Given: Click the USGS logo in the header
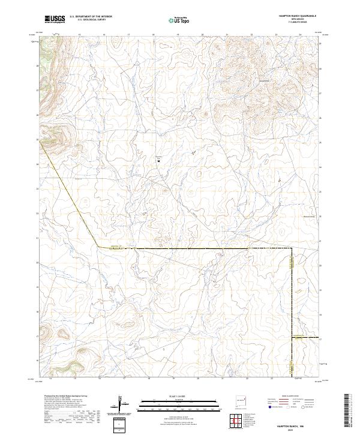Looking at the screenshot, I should click(55, 19).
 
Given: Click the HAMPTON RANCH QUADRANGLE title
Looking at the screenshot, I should click(293, 16).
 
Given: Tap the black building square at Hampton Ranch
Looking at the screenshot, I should click(159, 160).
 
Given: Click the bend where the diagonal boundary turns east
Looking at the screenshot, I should click(98, 246).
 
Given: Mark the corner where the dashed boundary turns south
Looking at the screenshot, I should click(292, 248).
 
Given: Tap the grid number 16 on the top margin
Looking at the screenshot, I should click(104, 35).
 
